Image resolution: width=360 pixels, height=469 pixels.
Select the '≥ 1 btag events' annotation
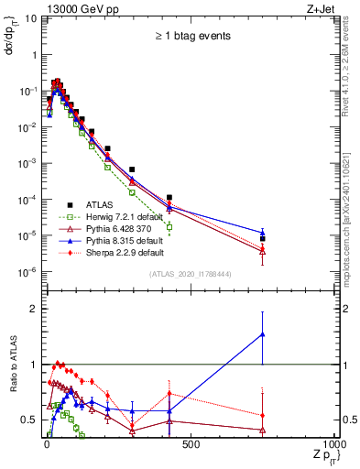[x=191, y=36]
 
